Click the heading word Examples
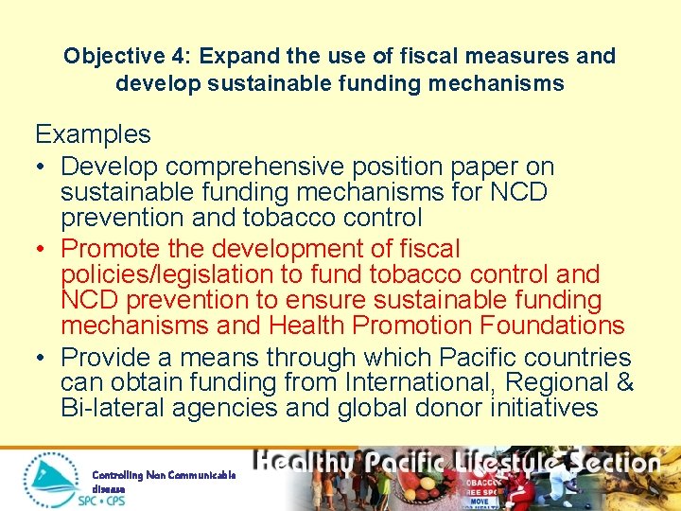tap(93, 134)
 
